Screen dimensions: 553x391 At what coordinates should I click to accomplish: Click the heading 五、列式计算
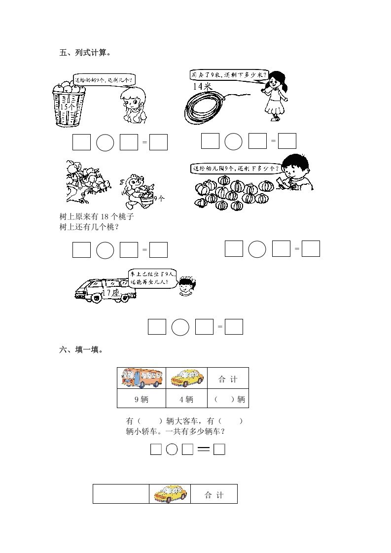[x=84, y=53]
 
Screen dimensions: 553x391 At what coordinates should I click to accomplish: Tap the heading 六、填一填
[x=81, y=350]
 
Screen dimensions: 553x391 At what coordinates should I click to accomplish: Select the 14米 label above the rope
[x=202, y=86]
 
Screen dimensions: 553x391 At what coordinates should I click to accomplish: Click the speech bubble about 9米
[x=229, y=75]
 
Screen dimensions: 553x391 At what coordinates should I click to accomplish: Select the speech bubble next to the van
[x=151, y=279]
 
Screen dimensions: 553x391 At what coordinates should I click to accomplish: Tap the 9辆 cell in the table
[x=141, y=399]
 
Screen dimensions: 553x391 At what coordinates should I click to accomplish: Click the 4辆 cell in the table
[x=186, y=399]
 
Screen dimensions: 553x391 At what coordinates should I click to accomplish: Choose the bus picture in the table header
[x=141, y=379]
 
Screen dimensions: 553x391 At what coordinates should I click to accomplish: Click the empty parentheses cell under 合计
[x=228, y=399]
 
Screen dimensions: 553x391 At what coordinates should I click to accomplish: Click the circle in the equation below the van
[x=180, y=327]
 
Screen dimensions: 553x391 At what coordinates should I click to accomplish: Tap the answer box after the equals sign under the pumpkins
[x=311, y=248]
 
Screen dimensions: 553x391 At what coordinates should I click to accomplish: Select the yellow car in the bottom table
[x=170, y=493]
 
